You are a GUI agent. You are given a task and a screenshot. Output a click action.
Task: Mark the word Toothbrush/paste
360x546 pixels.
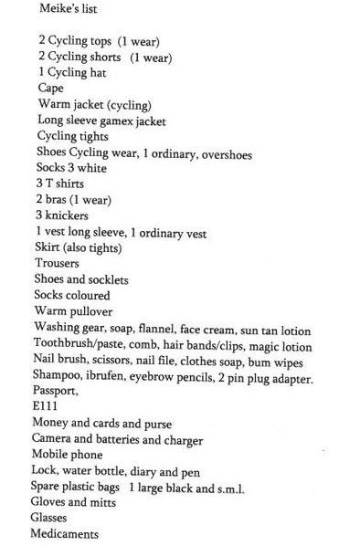click(78, 343)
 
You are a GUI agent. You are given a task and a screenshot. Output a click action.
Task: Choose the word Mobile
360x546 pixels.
click(52, 455)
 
